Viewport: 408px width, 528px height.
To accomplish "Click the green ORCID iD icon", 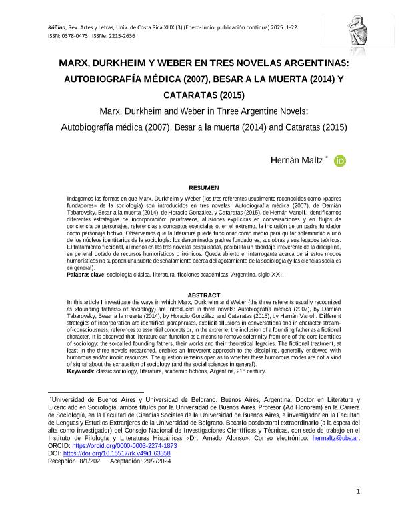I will click(x=339, y=161).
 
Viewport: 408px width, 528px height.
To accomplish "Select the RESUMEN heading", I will click(x=203, y=188).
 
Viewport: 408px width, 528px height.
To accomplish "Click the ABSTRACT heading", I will click(x=203, y=295).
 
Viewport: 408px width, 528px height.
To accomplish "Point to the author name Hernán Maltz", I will click(x=296, y=161).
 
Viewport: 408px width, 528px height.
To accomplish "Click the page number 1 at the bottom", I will click(x=358, y=492).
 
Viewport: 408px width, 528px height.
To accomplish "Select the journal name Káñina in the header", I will click(x=58, y=27).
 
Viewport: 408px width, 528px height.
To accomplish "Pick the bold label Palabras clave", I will click(x=85, y=275).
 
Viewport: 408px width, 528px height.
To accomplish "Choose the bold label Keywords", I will click(x=80, y=371).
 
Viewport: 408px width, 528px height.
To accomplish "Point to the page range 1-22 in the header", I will click(x=289, y=27).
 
